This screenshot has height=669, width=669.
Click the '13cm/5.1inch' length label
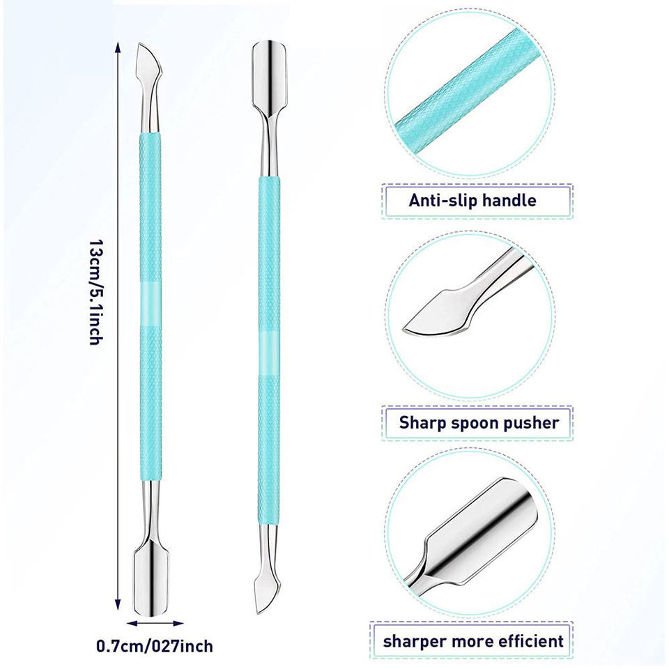(x=95, y=293)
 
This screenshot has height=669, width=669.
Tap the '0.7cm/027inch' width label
(x=154, y=646)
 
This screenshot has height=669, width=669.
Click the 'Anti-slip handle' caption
(x=472, y=201)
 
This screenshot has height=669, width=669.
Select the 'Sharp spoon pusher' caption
(x=478, y=422)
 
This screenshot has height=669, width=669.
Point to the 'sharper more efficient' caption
(x=474, y=640)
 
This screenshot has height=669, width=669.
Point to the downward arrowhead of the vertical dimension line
(x=118, y=605)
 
